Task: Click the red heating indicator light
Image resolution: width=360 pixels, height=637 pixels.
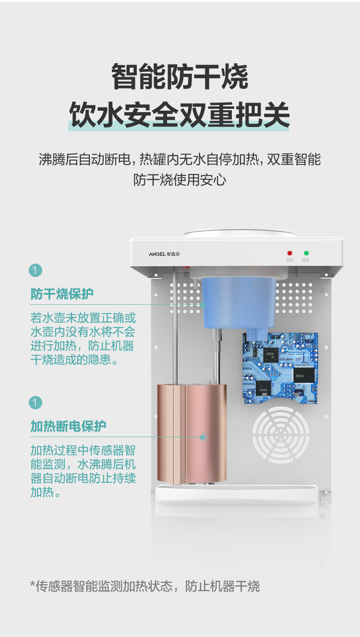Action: point(289,253)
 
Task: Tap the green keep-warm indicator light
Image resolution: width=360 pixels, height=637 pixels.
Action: point(306,253)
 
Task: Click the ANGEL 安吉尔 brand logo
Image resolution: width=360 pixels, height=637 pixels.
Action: point(164,254)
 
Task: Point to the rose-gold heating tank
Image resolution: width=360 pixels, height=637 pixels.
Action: point(192,433)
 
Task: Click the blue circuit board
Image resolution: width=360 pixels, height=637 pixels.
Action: point(280,368)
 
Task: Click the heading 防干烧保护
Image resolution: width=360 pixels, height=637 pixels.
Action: point(62,294)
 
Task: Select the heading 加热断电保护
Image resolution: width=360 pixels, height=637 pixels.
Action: point(68,426)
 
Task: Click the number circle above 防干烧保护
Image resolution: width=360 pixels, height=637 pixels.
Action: point(36,270)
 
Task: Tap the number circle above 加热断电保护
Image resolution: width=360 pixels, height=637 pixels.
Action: point(36,403)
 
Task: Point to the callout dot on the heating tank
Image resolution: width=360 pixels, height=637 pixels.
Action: point(203,437)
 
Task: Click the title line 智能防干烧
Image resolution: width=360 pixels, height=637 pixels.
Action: point(180,77)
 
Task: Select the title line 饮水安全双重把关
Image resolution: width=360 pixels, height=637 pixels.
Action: point(180,115)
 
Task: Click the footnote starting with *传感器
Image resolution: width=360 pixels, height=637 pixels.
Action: point(145,586)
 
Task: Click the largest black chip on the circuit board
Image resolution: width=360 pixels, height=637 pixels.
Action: point(305,375)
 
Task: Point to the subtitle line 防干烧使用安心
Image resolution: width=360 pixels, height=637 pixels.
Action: point(180,180)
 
